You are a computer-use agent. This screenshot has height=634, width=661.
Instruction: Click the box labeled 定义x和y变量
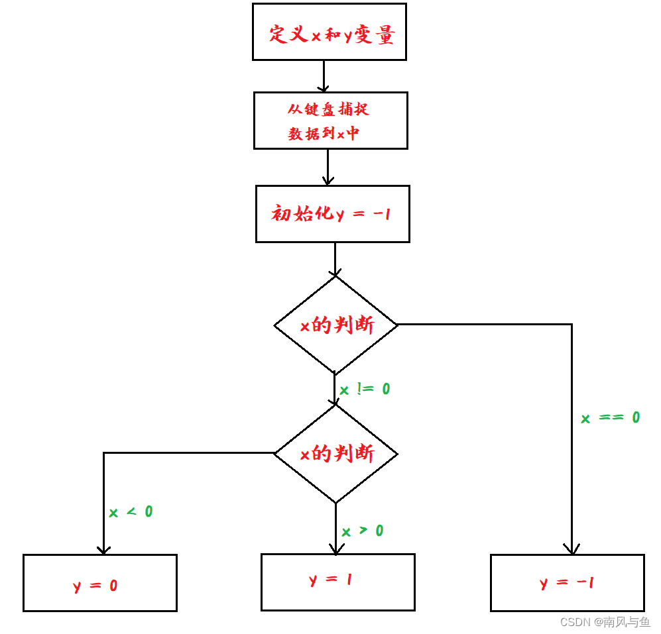[329, 32]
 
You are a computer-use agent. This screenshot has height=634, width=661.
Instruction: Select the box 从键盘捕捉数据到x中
[330, 121]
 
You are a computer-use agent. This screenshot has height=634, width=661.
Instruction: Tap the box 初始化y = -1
[332, 213]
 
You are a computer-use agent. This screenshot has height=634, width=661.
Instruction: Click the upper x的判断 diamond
[335, 325]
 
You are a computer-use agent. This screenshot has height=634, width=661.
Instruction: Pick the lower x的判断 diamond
[335, 454]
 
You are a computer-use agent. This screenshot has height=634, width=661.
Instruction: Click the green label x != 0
[365, 390]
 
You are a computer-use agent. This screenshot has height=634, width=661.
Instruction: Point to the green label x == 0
[610, 418]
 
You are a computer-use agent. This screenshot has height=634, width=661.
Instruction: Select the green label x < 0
[131, 512]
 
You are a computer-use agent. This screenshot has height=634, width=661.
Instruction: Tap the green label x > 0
[362, 531]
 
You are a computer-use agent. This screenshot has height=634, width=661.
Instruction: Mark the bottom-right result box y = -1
[567, 583]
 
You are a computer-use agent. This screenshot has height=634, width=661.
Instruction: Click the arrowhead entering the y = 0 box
[103, 549]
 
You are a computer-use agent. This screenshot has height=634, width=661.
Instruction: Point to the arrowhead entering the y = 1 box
[336, 549]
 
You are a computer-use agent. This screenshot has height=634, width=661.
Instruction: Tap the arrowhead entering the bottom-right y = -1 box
[571, 549]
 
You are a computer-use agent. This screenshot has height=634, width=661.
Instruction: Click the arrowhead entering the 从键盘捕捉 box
[324, 87]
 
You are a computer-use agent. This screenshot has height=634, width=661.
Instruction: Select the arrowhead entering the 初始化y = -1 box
[328, 180]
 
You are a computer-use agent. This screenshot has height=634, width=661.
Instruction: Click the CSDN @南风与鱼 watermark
[605, 622]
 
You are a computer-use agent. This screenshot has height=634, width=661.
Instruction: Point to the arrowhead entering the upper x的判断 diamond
[335, 272]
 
